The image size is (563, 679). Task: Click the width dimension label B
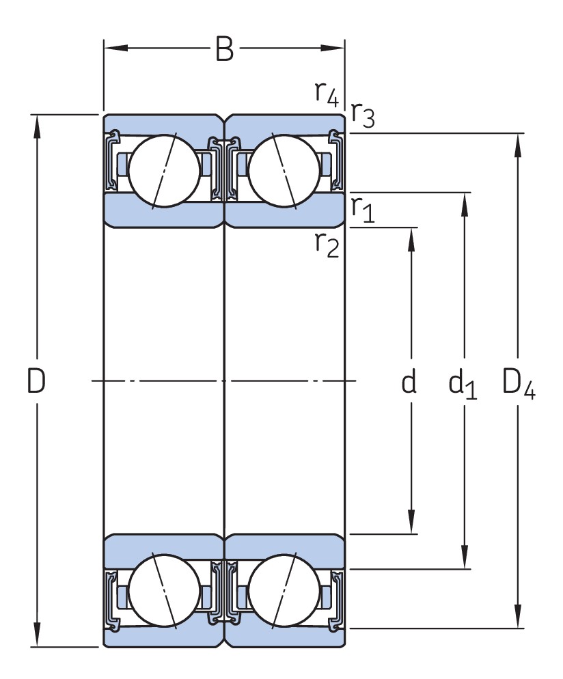coord(224,49)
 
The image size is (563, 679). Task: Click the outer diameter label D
coord(36,381)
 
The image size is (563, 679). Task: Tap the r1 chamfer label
coord(362,210)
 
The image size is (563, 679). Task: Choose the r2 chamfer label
coord(327,242)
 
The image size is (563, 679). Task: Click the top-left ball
coord(164,169)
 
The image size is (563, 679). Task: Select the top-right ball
coord(284,169)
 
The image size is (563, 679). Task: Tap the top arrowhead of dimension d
coord(411,236)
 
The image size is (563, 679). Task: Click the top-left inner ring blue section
coord(164,212)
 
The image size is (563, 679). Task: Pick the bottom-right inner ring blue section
coord(284,547)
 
